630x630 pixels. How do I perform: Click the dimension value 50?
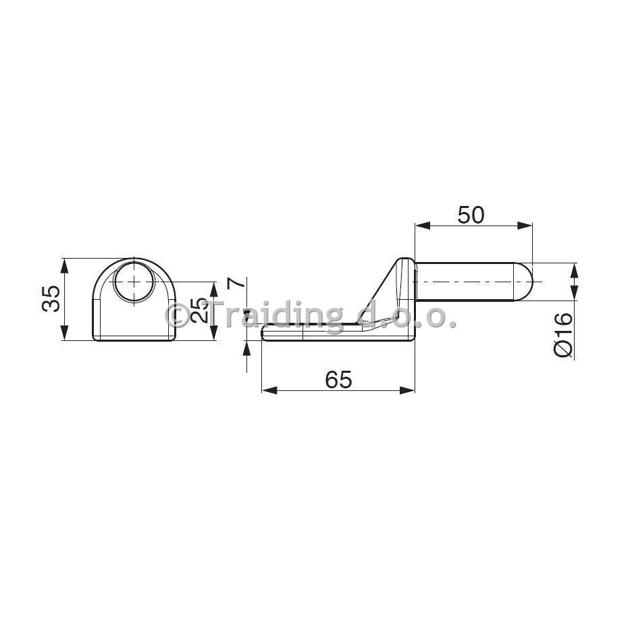click(x=471, y=215)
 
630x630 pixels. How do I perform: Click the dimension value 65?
click(x=338, y=379)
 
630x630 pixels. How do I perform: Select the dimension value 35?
click(x=51, y=298)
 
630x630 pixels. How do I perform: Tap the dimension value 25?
click(x=200, y=310)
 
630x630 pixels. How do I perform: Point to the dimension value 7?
click(x=236, y=283)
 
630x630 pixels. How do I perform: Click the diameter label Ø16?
click(x=563, y=334)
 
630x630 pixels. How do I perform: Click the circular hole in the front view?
click(x=134, y=281)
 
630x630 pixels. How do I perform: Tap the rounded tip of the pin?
click(x=524, y=282)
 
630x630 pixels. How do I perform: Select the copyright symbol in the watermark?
click(x=176, y=315)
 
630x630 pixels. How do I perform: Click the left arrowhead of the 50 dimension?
click(x=422, y=226)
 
